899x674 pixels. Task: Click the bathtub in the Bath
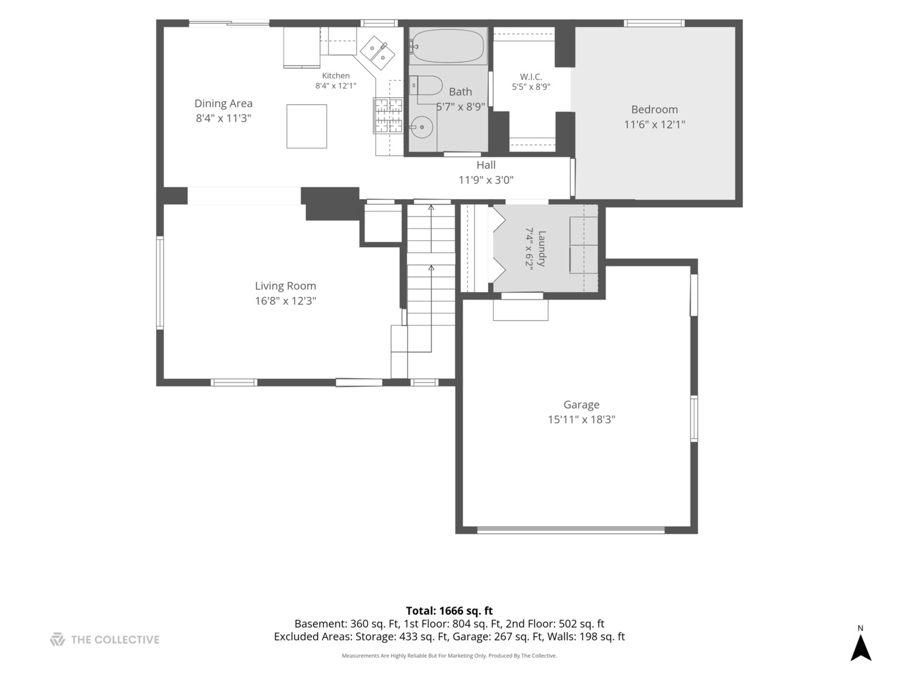coord(448,46)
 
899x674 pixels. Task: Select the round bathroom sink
coord(421,127)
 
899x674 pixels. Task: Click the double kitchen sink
coord(377,53)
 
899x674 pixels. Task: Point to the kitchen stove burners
coord(388,115)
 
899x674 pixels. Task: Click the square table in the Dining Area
coord(307,126)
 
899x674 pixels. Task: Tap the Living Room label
coord(285,286)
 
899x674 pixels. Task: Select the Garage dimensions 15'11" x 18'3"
coord(582,419)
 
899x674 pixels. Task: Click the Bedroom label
coord(654,109)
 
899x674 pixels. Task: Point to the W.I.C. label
coord(531,77)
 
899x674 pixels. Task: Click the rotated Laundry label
coord(541,249)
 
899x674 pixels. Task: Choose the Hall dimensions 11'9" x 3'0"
coord(486,180)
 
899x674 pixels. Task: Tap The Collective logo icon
coord(57,639)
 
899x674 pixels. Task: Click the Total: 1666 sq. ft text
coord(449,611)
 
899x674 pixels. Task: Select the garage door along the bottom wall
coord(571,530)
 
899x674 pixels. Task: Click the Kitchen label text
coord(336,76)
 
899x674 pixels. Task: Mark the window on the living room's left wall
coord(160,283)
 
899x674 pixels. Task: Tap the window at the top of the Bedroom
coord(654,23)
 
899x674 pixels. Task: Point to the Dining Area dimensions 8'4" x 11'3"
coord(224,119)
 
